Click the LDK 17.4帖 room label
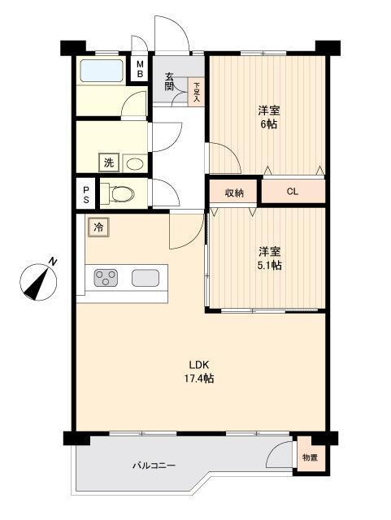[202, 370]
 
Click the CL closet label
[292, 192]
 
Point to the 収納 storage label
[233, 193]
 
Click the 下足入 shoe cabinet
[197, 89]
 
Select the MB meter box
[139, 69]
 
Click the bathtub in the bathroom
[102, 71]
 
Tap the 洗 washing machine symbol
[108, 163]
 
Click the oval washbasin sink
[135, 163]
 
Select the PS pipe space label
[85, 195]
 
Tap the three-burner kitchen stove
[106, 278]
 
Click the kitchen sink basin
[146, 278]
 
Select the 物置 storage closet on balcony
[309, 457]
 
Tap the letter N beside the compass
[52, 262]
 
